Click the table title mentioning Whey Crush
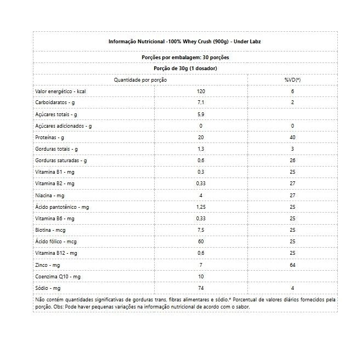click(185, 42)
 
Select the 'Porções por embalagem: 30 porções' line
click(185, 57)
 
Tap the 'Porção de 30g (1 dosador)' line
click(185, 68)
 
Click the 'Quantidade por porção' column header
click(140, 80)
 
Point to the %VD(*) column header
click(292, 80)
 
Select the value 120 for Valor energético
click(201, 91)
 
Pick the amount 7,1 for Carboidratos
click(201, 102)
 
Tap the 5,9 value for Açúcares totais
click(201, 114)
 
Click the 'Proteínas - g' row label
click(50, 138)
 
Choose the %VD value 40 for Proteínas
click(292, 138)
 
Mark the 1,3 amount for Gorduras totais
click(201, 149)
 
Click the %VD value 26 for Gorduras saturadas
click(292, 161)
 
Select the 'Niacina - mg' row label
click(50, 195)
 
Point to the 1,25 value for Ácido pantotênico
click(201, 207)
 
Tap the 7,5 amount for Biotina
click(201, 230)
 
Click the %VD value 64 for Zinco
click(292, 265)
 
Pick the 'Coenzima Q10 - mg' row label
click(58, 276)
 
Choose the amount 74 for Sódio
click(201, 288)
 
